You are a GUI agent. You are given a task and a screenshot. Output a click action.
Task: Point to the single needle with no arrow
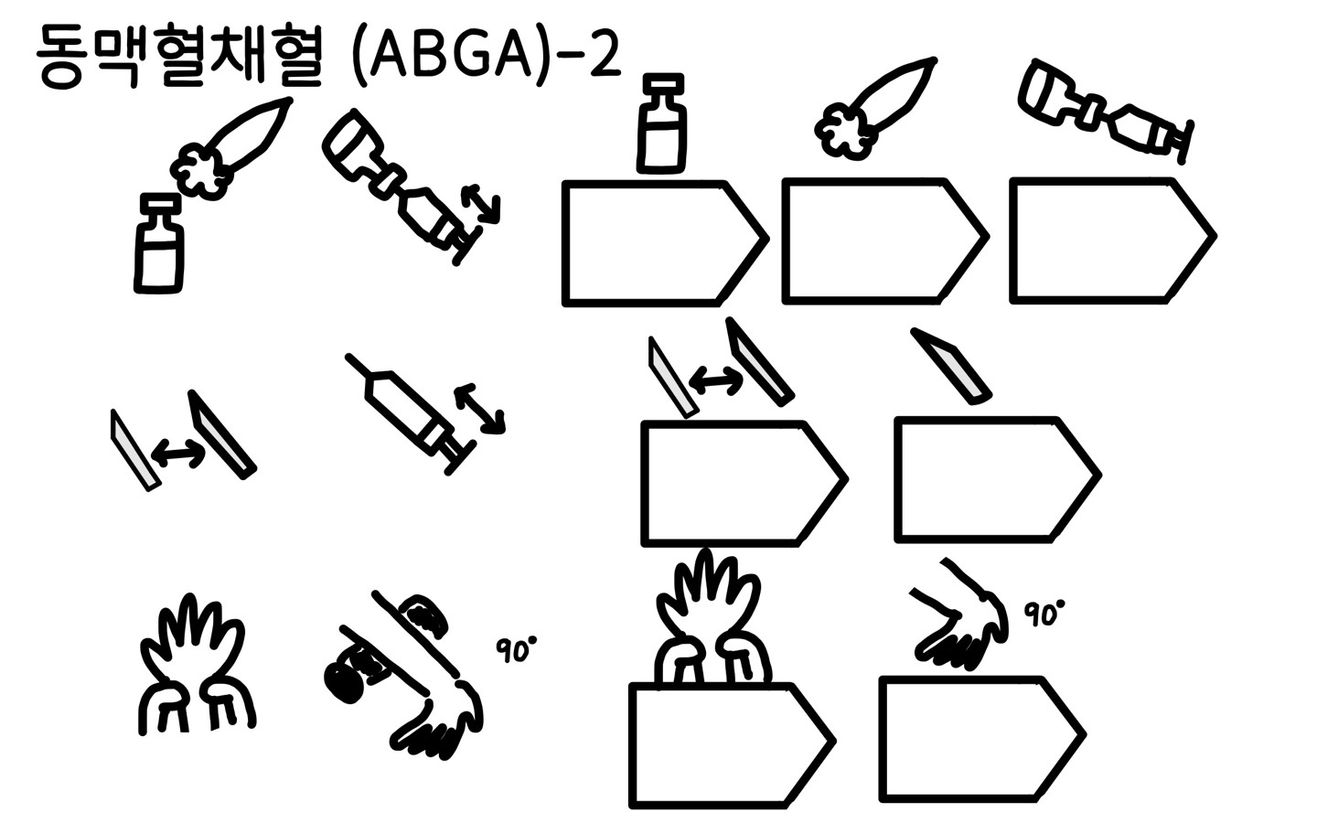(951, 366)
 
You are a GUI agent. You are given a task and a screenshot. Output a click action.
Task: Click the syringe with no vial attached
(411, 413)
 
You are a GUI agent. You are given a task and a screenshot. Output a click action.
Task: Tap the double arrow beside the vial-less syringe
(480, 409)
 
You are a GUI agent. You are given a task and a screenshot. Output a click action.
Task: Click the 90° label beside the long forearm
(517, 649)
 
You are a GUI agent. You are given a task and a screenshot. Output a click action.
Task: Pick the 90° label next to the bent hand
(1044, 615)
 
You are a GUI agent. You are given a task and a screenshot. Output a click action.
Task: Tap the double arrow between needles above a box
(716, 380)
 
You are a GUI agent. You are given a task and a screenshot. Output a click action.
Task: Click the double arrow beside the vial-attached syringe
(480, 205)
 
